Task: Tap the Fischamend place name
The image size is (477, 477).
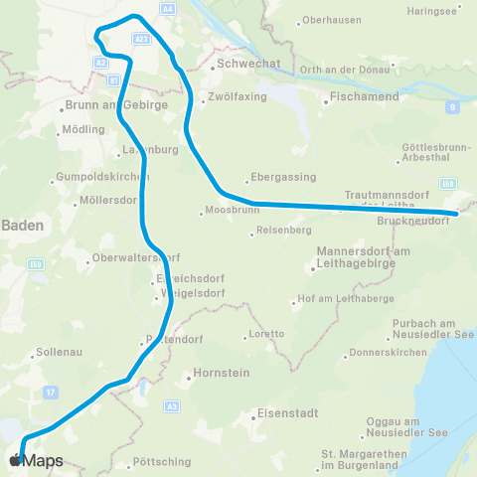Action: click(x=365, y=99)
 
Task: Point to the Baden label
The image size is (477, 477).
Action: click(x=22, y=226)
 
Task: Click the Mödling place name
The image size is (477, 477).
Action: click(x=82, y=129)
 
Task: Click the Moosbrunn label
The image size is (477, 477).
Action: click(x=229, y=211)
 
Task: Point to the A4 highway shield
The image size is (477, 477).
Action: click(x=167, y=8)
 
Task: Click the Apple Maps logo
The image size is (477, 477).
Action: click(x=36, y=460)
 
